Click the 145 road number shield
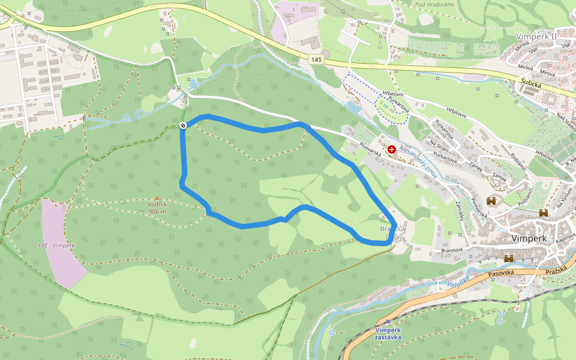(x=317, y=59)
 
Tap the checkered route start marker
(x=183, y=125)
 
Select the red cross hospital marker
(x=392, y=149)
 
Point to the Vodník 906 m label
(x=157, y=208)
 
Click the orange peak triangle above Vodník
(x=157, y=198)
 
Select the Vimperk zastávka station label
(x=387, y=334)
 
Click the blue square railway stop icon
(x=388, y=323)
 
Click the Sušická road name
(x=532, y=84)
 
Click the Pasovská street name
(x=502, y=272)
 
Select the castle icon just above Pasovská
(x=509, y=259)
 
